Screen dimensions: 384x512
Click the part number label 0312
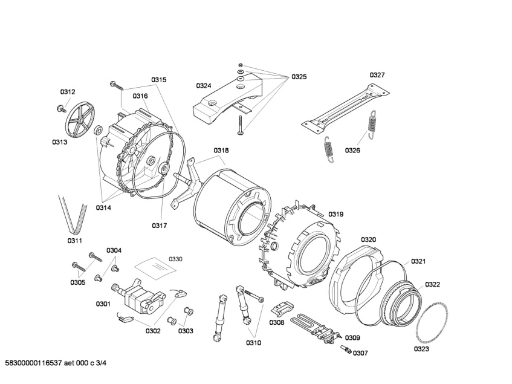pos(68,92)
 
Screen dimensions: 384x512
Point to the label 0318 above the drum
pos(221,151)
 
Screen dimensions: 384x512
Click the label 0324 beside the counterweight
pos(203,86)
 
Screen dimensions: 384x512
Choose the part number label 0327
pos(377,75)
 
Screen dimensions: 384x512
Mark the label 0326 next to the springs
pos(352,150)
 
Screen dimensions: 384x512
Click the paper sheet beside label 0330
pos(151,265)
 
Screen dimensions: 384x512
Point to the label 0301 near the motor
pos(103,304)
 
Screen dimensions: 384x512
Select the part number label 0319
pos(335,214)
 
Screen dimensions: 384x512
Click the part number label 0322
pos(432,284)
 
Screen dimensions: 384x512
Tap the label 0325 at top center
pos(299,77)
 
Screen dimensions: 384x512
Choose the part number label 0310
pos(253,343)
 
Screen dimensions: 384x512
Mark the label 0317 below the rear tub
pos(159,226)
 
